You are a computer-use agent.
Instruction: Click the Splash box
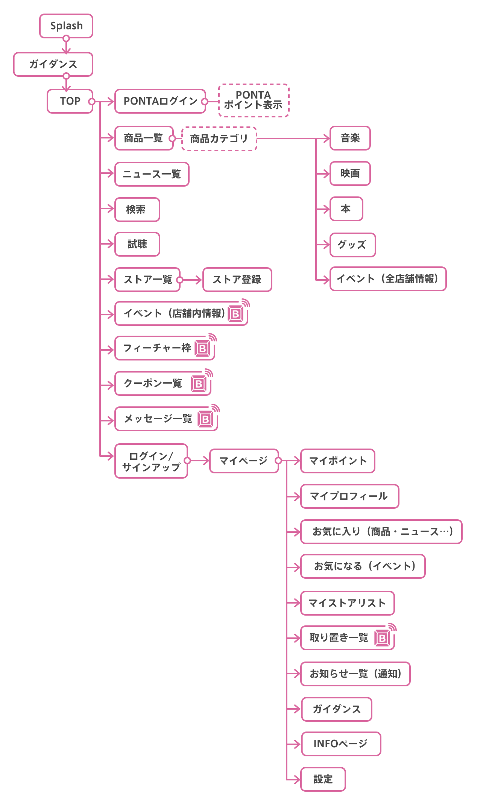66,26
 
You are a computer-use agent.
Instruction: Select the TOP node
70,101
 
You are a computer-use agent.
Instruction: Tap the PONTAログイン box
160,101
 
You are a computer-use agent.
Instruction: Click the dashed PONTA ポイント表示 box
254,100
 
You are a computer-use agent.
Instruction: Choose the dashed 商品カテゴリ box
219,139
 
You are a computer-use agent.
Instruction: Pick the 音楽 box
350,138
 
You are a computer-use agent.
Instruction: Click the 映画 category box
350,173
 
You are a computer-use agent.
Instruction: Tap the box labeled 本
346,209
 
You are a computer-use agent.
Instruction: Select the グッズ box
352,245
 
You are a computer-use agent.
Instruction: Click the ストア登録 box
237,280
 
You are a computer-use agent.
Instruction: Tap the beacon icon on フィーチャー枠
204,348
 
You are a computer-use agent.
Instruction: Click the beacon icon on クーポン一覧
200,383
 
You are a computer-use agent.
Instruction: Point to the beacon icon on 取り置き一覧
383,637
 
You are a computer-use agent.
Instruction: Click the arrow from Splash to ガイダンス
66,46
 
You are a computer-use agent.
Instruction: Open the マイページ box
244,461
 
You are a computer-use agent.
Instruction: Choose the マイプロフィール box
349,496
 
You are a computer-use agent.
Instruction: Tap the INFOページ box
341,744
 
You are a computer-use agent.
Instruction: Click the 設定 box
323,779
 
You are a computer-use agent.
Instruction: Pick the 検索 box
137,210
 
